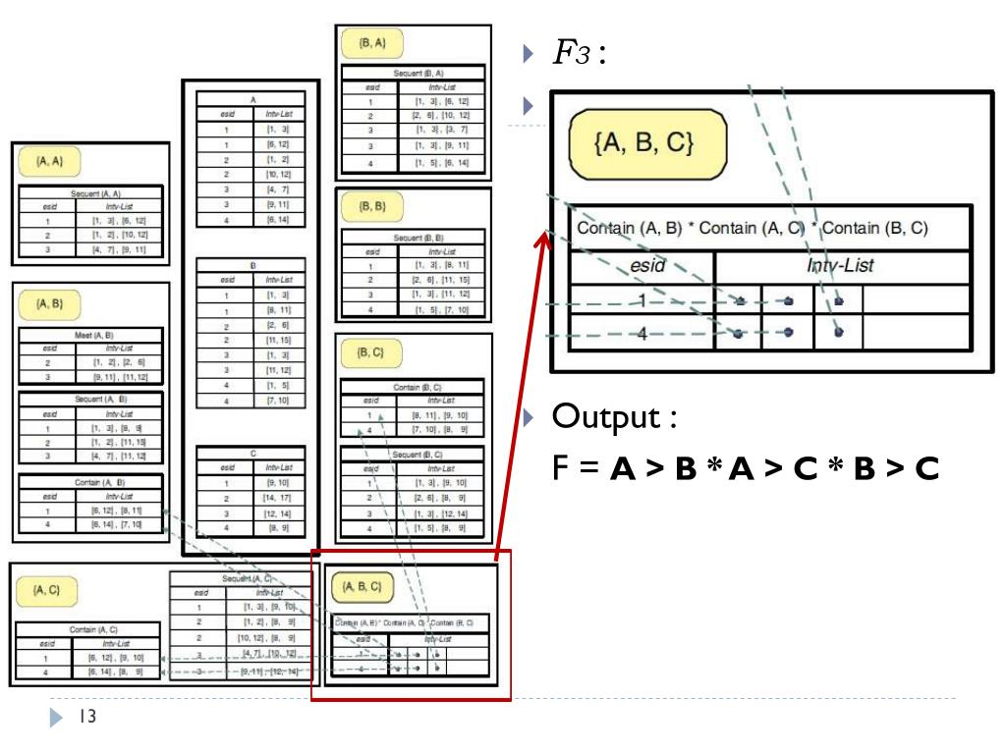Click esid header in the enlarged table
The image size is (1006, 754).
tap(643, 267)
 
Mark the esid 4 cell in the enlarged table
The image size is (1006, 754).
tap(643, 333)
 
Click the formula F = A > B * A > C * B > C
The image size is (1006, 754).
tap(747, 469)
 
